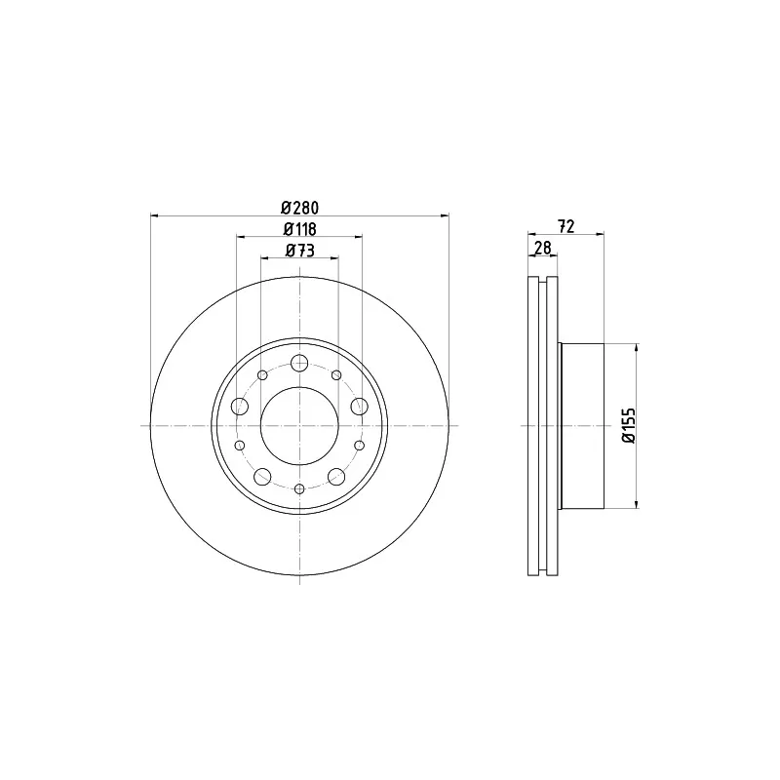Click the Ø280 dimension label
click(299, 207)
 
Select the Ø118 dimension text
click(300, 229)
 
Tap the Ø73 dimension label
click(300, 251)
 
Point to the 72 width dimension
click(566, 226)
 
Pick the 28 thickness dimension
click(542, 248)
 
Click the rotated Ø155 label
click(629, 425)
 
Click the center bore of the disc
click(299, 426)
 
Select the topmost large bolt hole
click(299, 363)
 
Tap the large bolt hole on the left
click(240, 406)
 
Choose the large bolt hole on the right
click(359, 406)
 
